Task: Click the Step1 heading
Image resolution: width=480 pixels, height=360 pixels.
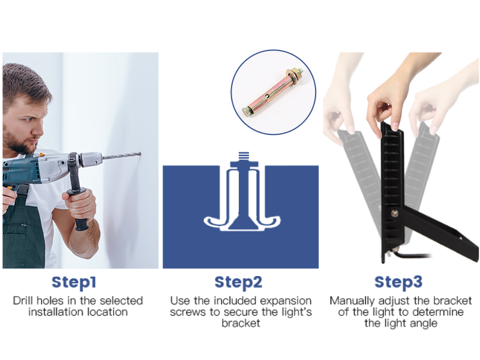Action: pos(74,283)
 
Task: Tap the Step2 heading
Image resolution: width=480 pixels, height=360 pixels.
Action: pos(238,283)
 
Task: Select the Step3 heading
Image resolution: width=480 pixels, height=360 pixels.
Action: pos(398,283)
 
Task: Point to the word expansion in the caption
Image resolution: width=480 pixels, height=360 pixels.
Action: pos(286,301)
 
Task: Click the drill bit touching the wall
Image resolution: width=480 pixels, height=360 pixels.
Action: pos(122,156)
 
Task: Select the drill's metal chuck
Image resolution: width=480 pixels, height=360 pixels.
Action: pos(91,159)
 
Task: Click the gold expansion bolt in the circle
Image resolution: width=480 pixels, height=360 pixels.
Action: pos(273,92)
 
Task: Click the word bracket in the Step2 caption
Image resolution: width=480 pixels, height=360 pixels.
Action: pos(241,323)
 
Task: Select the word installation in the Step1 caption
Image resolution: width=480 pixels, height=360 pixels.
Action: pos(56,312)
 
